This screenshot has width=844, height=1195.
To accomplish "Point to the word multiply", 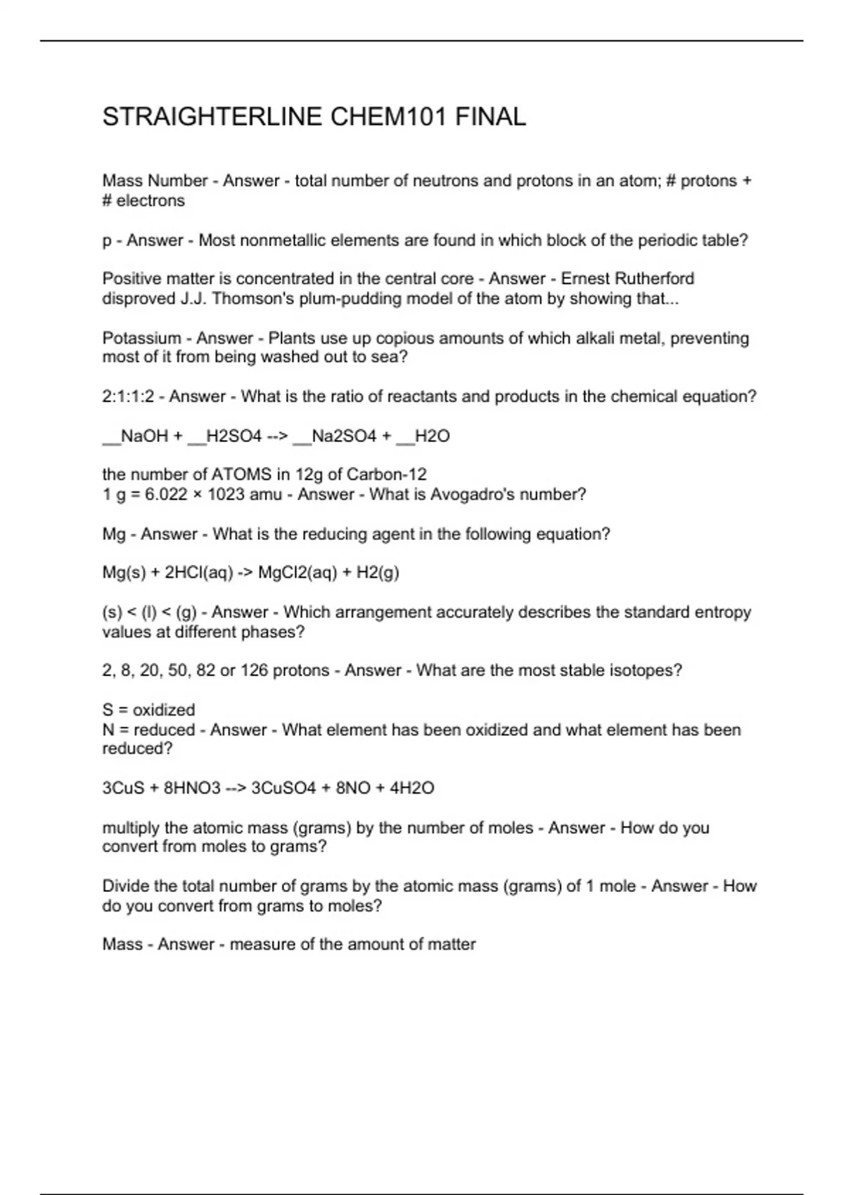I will coord(131,828).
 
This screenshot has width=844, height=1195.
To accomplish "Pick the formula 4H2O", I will coord(412,788).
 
